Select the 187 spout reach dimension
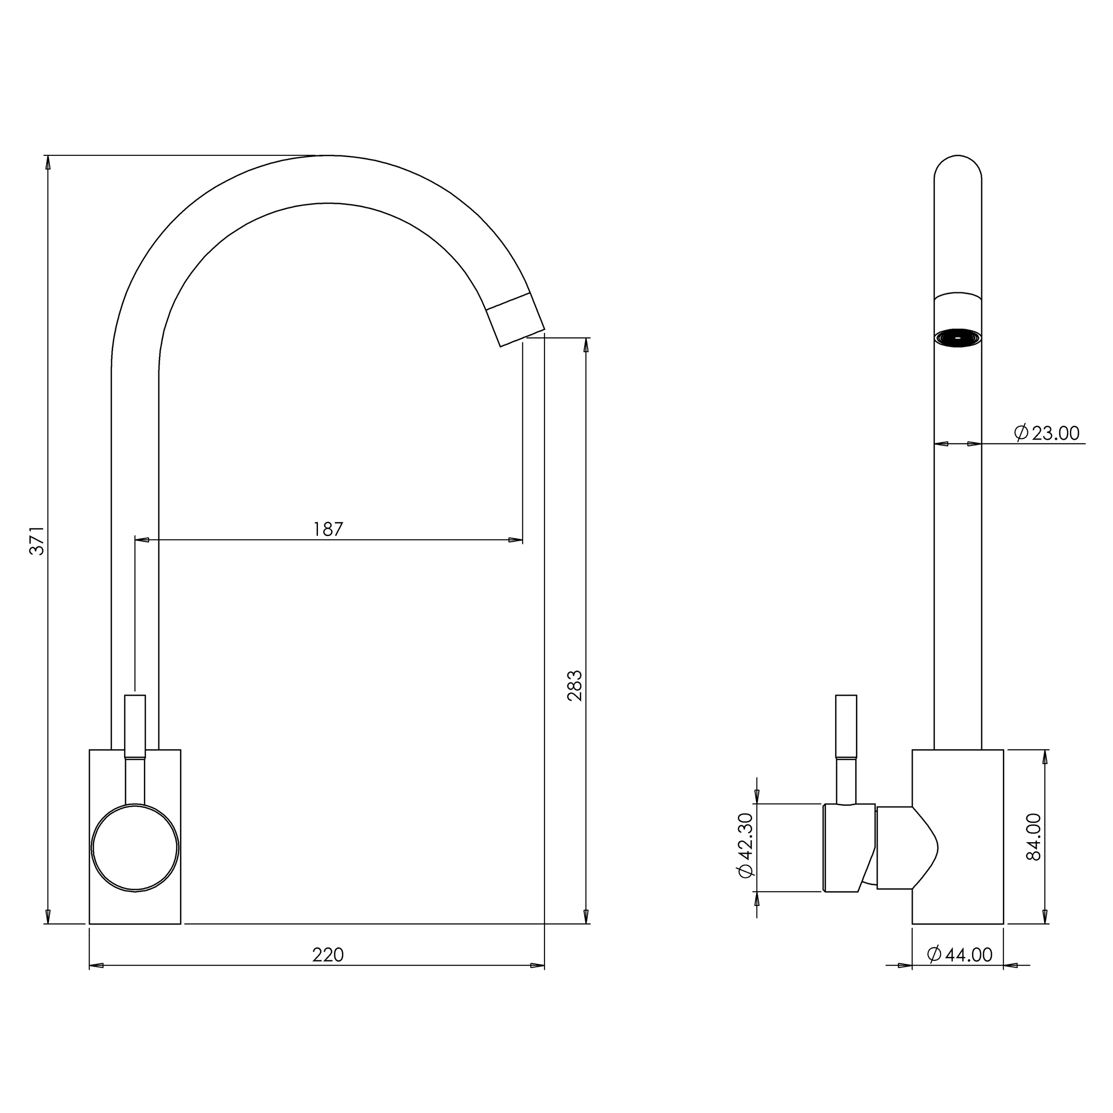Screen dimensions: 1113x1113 tap(328, 529)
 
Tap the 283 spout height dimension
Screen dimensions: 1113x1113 tap(575, 686)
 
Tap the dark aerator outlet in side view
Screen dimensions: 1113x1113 tap(958, 338)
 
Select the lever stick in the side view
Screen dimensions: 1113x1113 tap(846, 749)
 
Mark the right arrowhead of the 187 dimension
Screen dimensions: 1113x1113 tap(516, 540)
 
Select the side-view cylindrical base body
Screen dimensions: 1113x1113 tap(958, 837)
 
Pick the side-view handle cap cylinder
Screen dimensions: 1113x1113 tap(849, 847)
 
